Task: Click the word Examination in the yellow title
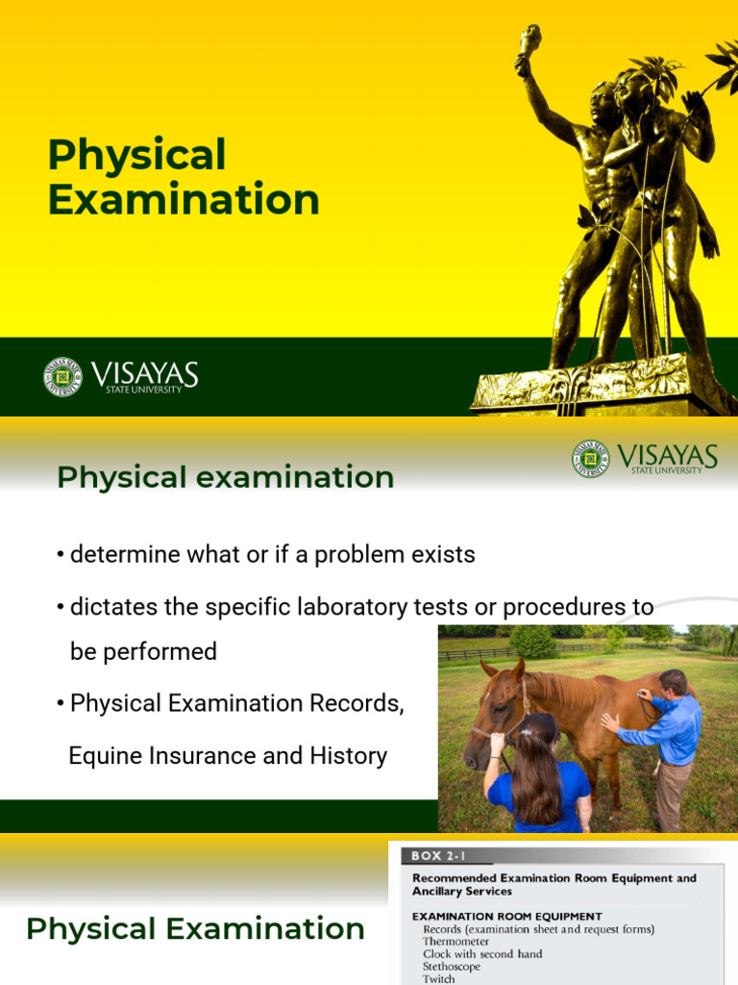pyautogui.click(x=184, y=200)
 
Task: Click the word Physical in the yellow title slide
pyautogui.click(x=137, y=155)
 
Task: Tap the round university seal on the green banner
pyautogui.click(x=62, y=376)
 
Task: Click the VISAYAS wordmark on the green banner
pyautogui.click(x=145, y=373)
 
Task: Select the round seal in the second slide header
pyautogui.click(x=590, y=459)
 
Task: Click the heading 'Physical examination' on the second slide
pyautogui.click(x=225, y=477)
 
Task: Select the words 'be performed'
pyautogui.click(x=143, y=651)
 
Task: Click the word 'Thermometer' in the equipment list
pyautogui.click(x=455, y=942)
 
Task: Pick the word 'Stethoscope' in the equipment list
pyautogui.click(x=452, y=966)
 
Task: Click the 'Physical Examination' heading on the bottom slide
pyautogui.click(x=195, y=929)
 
